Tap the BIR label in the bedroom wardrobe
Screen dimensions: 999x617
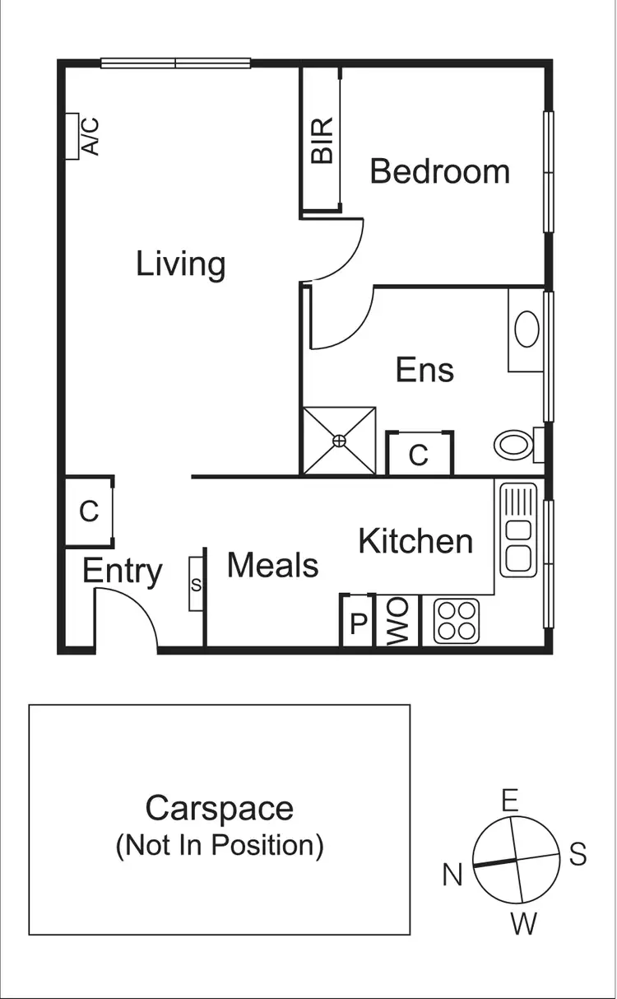pos(322,140)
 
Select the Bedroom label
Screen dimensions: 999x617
pos(439,171)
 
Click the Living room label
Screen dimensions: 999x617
pos(180,264)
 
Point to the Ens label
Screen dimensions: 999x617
pos(424,370)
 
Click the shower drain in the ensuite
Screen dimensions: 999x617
pos(340,441)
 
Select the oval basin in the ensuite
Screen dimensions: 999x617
pos(527,330)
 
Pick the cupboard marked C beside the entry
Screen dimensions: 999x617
pos(89,511)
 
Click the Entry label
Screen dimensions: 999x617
pos(122,571)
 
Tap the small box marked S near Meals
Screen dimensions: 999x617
pos(196,584)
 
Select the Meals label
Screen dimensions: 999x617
pos(272,566)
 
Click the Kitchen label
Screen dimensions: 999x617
pos(415,541)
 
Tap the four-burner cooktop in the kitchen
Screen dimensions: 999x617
pos(457,621)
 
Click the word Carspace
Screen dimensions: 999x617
pos(219,808)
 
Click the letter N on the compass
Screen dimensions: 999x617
pos(452,875)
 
